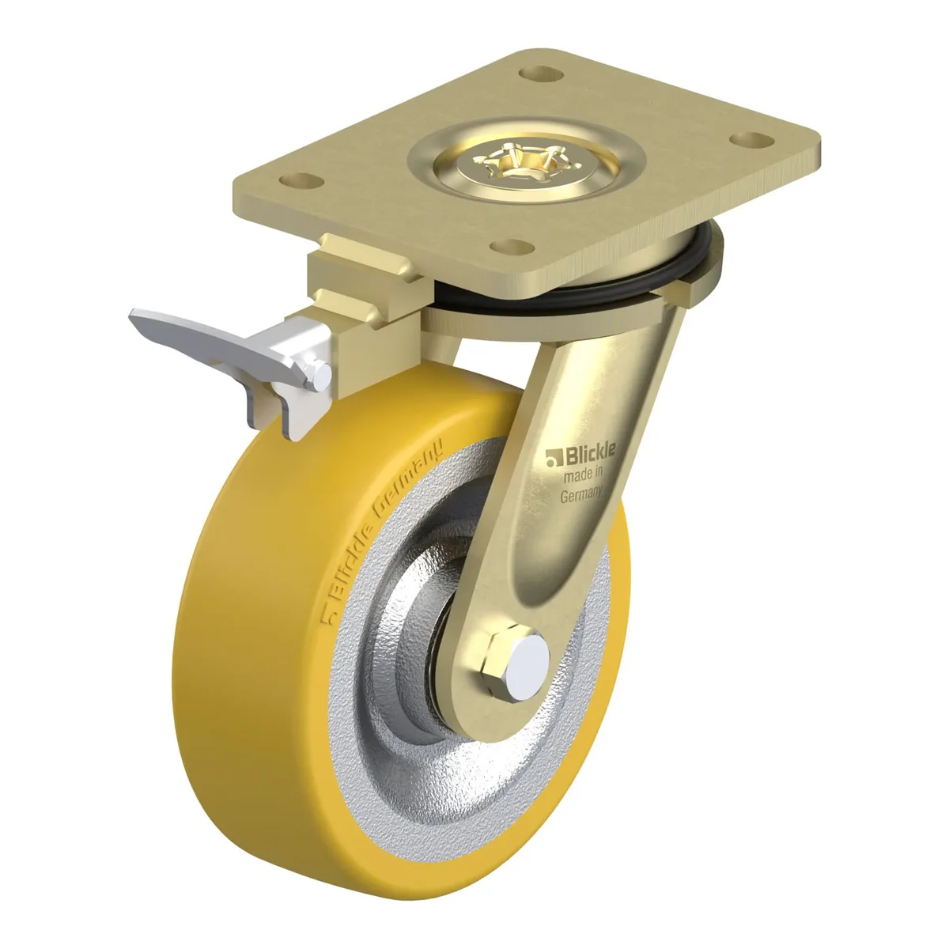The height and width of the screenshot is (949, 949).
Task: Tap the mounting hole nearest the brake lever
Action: click(301, 181)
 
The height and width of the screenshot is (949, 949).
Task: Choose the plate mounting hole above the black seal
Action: click(513, 246)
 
